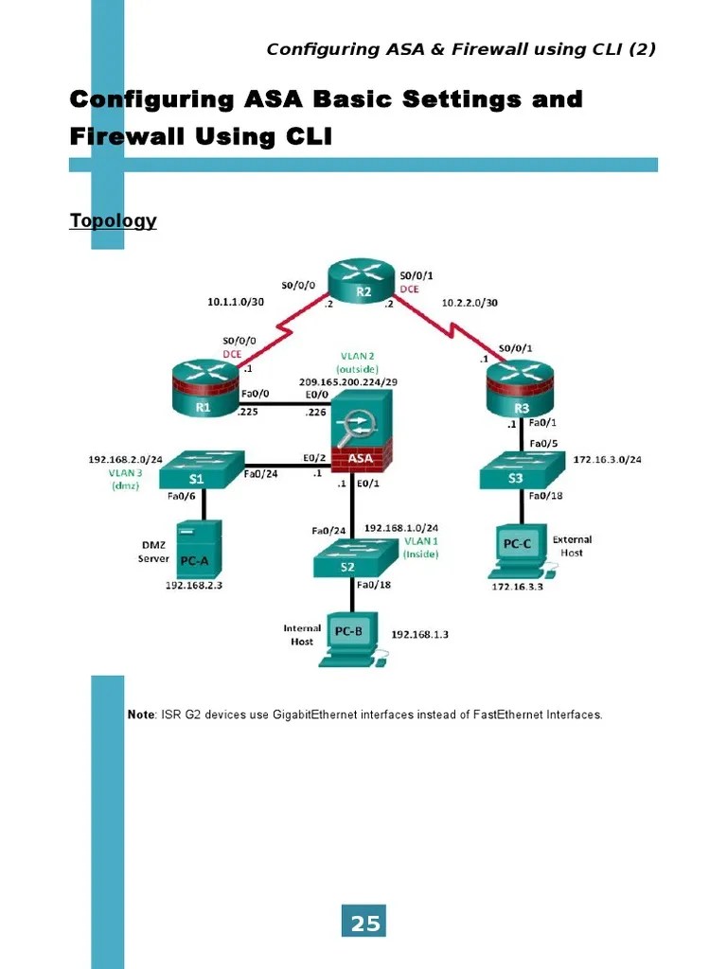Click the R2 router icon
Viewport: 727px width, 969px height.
click(x=363, y=283)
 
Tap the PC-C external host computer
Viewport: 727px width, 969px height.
click(x=517, y=552)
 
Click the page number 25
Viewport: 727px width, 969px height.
click(x=364, y=924)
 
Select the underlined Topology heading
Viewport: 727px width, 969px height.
click(x=113, y=220)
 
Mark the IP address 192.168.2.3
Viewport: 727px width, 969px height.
click(x=200, y=586)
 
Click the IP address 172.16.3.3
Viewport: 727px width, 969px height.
click(x=517, y=587)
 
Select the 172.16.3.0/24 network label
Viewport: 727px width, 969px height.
click(x=608, y=460)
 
